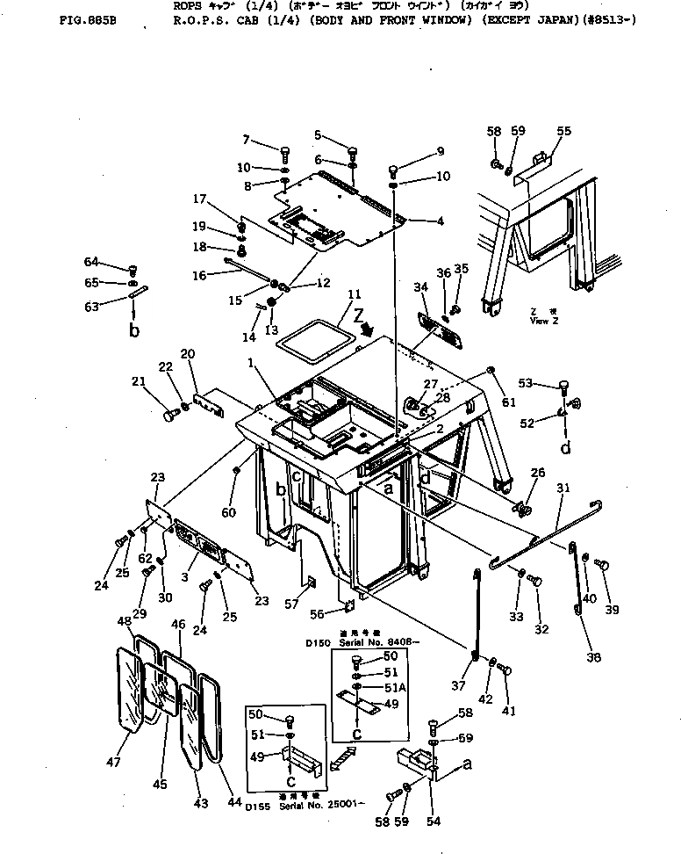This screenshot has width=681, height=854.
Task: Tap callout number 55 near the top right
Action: tap(563, 132)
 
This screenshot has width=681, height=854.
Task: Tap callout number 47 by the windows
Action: tap(114, 763)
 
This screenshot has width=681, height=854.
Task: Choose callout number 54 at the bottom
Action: tap(434, 822)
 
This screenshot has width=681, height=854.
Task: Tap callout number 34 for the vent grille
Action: tap(420, 286)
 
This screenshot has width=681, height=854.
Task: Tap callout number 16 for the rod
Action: tap(199, 275)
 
